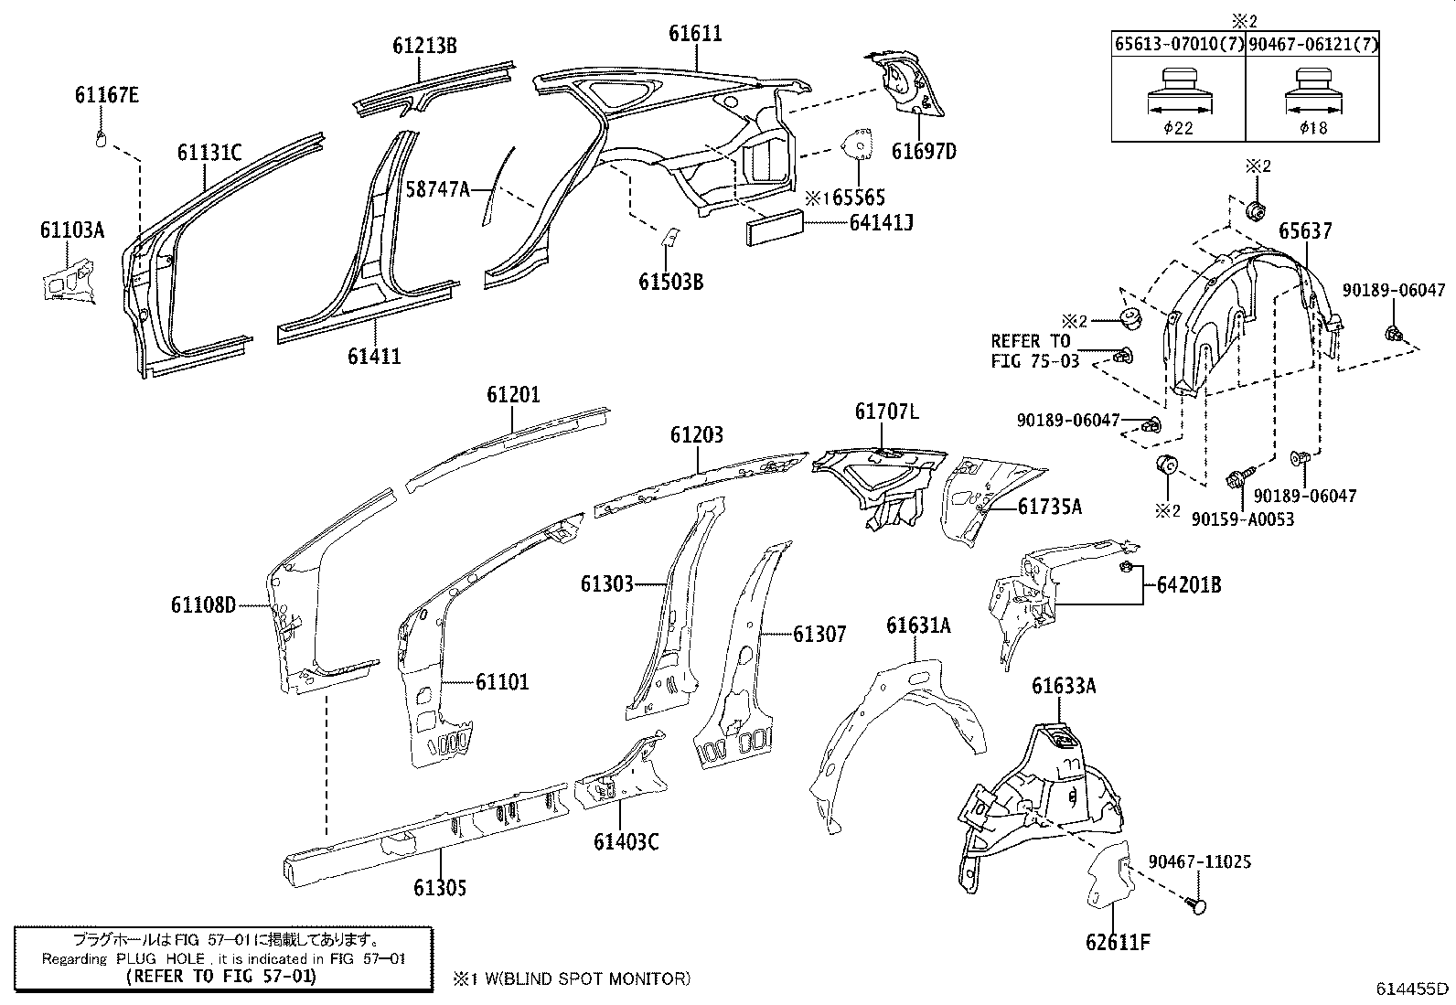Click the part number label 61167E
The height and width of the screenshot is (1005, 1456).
(107, 94)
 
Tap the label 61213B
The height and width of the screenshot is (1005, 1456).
(425, 45)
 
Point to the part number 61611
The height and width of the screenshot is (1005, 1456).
(695, 34)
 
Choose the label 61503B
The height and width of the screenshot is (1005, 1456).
(670, 281)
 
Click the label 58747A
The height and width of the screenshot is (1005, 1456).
(438, 190)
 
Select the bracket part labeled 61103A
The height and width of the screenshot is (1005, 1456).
(67, 280)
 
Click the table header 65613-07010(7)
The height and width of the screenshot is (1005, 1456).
(1178, 44)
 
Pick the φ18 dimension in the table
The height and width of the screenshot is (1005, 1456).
(1313, 128)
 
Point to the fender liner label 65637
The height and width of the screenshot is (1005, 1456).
(1305, 232)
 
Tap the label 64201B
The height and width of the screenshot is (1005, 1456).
(1189, 584)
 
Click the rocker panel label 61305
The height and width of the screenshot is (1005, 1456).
(440, 887)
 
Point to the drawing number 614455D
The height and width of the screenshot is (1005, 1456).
(1413, 989)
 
